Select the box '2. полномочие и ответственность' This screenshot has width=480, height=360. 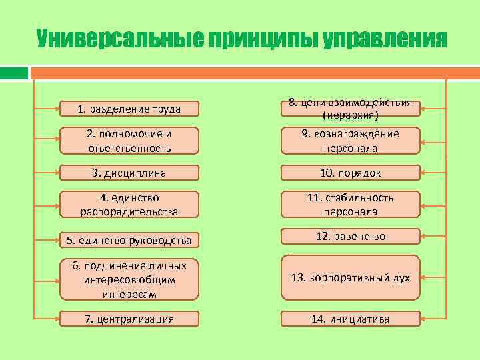click(x=129, y=141)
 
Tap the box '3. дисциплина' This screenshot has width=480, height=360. click(x=129, y=173)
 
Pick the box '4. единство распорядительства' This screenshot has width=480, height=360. click(x=129, y=205)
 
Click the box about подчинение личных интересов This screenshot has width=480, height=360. click(x=129, y=279)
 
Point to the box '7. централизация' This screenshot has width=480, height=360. click(x=129, y=319)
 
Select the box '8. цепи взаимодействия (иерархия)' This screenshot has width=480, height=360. click(x=350, y=109)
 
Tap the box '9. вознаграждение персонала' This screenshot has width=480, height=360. click(x=350, y=141)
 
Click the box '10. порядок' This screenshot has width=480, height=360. click(x=350, y=173)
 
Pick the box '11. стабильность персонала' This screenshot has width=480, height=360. click(x=350, y=205)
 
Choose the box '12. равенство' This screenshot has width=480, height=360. click(x=350, y=237)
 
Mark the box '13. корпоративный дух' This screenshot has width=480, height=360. click(x=350, y=277)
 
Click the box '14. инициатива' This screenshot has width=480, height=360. click(x=350, y=319)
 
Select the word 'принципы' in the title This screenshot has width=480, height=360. click(x=263, y=39)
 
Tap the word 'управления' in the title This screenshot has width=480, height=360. click(x=385, y=39)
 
